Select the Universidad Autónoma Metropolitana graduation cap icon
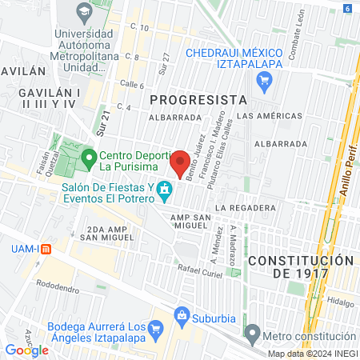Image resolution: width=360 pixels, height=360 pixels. tap(83, 13)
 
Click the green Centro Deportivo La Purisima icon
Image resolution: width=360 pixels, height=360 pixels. tap(90, 156)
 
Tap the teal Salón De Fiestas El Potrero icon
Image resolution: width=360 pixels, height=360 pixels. tap(165, 191)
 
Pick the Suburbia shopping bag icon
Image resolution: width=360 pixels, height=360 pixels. tap(183, 317)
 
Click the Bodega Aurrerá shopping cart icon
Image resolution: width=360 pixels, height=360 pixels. tap(157, 328)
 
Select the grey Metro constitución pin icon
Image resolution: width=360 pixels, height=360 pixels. tap(253, 332)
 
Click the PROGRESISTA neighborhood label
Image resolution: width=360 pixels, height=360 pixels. tap(196, 99)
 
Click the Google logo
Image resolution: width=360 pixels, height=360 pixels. tap(26, 350)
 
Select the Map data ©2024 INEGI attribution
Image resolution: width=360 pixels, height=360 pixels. tap(312, 354)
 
